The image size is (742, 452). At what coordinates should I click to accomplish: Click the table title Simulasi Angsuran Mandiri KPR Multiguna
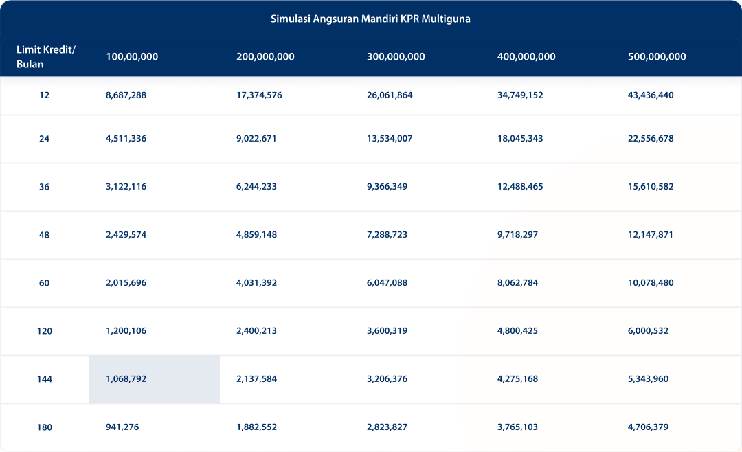tap(370, 19)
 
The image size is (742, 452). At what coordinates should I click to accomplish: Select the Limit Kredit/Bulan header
tap(45, 57)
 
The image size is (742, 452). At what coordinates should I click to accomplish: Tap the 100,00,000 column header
tap(132, 57)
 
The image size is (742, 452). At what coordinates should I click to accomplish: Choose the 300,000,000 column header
tap(396, 57)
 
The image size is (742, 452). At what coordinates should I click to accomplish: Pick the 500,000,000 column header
tap(657, 57)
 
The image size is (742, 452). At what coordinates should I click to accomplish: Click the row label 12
tap(45, 95)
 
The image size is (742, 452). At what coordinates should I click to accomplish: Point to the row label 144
tap(45, 379)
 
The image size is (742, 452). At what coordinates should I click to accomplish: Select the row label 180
tap(45, 427)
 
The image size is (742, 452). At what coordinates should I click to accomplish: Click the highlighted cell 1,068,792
tap(126, 379)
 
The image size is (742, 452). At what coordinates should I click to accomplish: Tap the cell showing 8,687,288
tap(126, 95)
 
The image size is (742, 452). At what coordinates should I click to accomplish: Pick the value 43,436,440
tap(651, 95)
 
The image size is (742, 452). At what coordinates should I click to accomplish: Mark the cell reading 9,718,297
tap(517, 235)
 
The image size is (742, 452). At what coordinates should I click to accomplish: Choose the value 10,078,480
tap(651, 283)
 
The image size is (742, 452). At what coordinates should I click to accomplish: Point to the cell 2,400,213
tap(256, 331)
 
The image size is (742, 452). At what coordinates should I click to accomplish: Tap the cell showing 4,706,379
tap(648, 427)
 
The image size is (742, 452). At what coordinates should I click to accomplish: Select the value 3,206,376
tap(387, 379)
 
